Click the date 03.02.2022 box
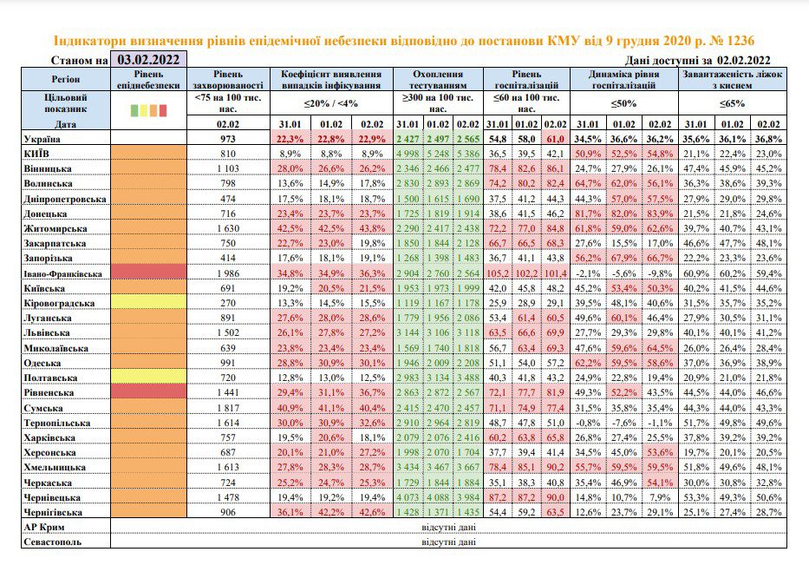tap(148, 59)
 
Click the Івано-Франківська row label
tap(63, 273)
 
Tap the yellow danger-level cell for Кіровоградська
tap(148, 302)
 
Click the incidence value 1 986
tap(227, 273)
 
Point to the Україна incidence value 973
tap(227, 139)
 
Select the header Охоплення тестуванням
tap(438, 80)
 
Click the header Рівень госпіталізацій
tap(526, 80)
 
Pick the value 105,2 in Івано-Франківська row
tap(498, 273)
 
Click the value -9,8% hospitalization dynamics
tap(660, 273)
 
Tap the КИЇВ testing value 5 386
tap(467, 154)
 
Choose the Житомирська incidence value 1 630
tap(227, 228)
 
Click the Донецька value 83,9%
tap(660, 214)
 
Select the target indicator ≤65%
tap(732, 103)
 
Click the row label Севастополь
tap(53, 542)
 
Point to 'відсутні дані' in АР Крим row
tap(448, 527)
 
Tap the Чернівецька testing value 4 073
tap(408, 497)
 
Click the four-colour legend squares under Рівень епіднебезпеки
tap(148, 110)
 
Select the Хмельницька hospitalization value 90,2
tap(555, 468)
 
